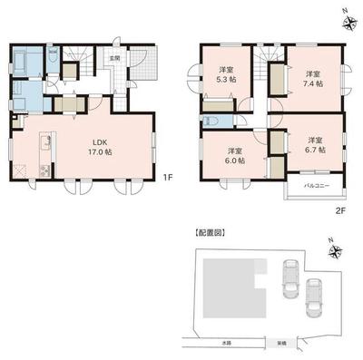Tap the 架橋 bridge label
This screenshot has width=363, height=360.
tap(271, 342)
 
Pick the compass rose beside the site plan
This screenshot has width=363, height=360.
tap(335, 249)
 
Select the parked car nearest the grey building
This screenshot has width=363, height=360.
tap(290, 276)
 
